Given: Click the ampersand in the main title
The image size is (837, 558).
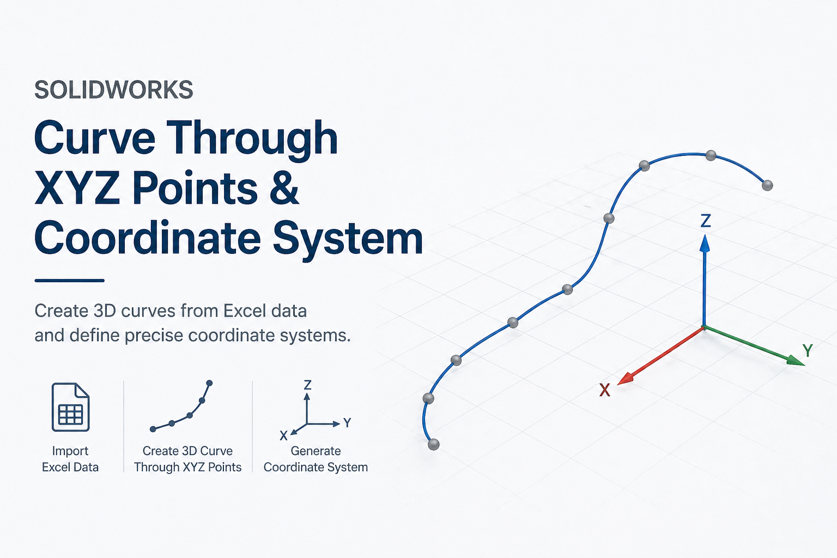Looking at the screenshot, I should pos(284,188).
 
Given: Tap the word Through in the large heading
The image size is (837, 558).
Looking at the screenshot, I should pos(252,138).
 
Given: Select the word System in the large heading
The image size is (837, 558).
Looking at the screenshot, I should pos(348,239).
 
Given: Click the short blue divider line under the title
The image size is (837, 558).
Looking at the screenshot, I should pos(69,281).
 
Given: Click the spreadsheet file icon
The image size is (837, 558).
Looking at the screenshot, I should pos(70,407).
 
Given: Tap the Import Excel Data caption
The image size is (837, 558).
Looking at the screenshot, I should pos(70,459).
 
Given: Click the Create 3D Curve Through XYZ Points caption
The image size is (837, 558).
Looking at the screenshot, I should pos(187,459).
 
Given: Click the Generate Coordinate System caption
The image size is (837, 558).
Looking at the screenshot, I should pos(316,459).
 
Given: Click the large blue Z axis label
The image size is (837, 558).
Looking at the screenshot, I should pos(706,221).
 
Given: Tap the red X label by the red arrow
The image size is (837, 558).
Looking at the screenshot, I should pos(605,390).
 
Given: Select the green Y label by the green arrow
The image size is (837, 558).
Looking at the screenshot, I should pos(808,350).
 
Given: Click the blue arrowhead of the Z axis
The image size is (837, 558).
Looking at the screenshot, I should pos(705,243).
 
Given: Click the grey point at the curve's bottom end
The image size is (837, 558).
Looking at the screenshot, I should pos(434,445).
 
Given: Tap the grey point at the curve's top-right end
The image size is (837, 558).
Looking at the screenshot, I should pos(767,185).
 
